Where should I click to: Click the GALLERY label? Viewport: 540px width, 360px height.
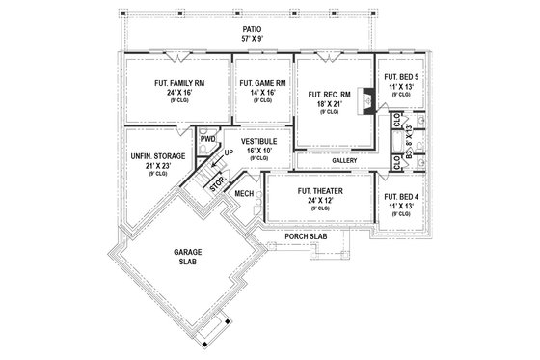[344, 160]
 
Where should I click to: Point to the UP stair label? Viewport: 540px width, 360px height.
[228, 152]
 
